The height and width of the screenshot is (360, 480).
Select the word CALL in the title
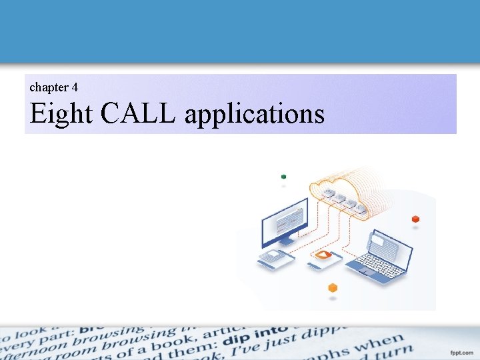pyautogui.click(x=138, y=114)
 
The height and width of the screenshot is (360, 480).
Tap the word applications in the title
pyautogui.click(x=254, y=115)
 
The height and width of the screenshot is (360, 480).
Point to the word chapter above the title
pyautogui.click(x=49, y=87)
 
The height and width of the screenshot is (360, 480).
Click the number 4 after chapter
pyautogui.click(x=75, y=87)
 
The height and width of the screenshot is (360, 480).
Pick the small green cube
pyautogui.click(x=284, y=177)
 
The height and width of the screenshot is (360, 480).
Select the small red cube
pyautogui.click(x=415, y=219)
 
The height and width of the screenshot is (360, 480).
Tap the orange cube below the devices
pyautogui.click(x=333, y=288)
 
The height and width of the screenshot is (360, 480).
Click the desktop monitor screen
pyautogui.click(x=284, y=221)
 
